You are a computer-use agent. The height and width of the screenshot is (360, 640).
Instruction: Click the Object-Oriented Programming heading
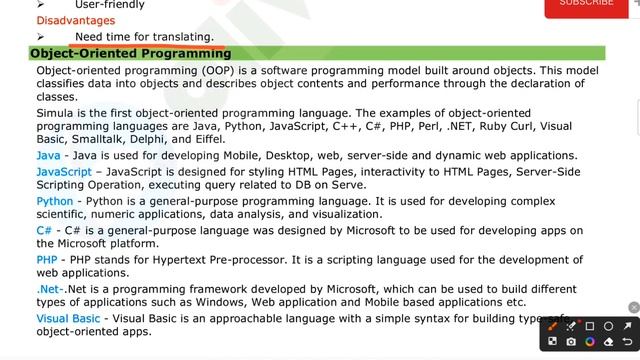131,53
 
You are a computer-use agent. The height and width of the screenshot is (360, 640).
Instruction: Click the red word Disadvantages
76,20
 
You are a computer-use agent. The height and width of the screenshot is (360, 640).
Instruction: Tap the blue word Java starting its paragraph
47,156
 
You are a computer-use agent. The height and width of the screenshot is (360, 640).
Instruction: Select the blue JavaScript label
64,172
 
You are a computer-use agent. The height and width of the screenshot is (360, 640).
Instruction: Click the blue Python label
54,201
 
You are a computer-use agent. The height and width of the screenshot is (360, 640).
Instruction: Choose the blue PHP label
47,259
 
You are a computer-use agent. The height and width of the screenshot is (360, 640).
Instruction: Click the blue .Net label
50,289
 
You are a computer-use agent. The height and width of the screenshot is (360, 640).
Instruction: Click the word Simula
56,114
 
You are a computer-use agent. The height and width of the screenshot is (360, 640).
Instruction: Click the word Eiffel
208,140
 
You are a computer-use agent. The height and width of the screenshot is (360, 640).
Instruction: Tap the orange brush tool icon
553,326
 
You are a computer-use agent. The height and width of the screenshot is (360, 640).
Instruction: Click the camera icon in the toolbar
571,342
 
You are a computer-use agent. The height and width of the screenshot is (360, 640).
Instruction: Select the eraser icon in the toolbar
609,342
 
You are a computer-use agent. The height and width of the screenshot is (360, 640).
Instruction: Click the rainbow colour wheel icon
590,342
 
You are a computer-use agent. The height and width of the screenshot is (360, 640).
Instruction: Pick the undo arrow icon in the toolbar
628,342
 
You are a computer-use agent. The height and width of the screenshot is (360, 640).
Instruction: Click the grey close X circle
634,307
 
